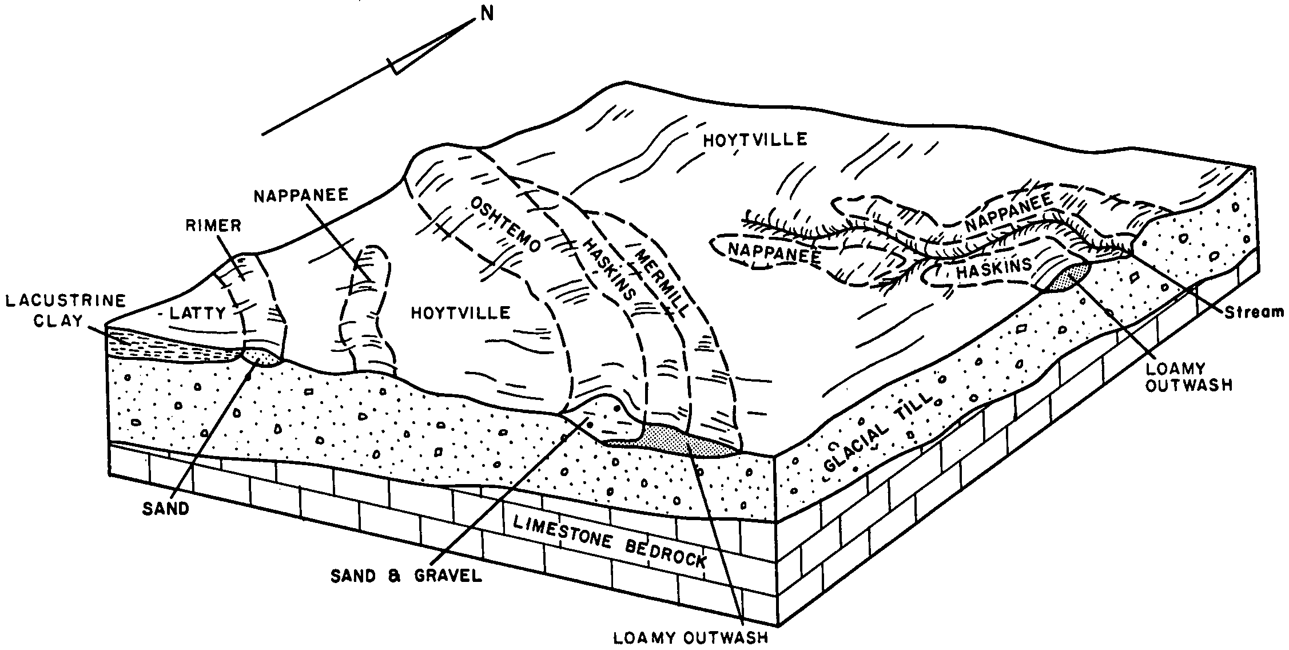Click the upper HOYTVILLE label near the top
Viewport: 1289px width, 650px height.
(755, 140)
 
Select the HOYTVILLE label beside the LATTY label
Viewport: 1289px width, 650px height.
(460, 312)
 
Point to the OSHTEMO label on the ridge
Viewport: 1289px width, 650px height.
(504, 225)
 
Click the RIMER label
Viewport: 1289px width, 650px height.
(213, 225)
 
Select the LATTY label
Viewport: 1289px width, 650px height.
(198, 312)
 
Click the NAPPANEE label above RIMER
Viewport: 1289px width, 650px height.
(301, 196)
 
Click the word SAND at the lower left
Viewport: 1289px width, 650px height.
(166, 508)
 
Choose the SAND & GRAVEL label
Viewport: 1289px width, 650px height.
(407, 576)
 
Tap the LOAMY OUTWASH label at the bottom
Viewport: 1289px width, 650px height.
(690, 637)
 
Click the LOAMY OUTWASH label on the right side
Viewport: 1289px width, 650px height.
(1191, 376)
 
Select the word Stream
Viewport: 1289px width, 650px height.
(1255, 312)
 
